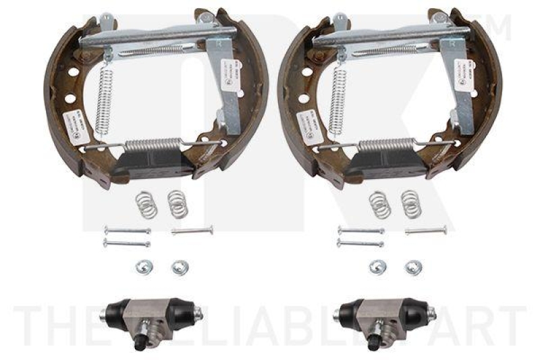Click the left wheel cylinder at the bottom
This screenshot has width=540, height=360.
point(153,313)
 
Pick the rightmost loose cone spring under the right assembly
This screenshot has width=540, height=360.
point(410,204)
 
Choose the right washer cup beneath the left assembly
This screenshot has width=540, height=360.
point(179,265)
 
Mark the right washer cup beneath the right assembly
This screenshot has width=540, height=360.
point(412,265)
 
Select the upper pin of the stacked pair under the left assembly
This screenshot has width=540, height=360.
point(127,231)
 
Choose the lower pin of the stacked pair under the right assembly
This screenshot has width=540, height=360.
point(360,242)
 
